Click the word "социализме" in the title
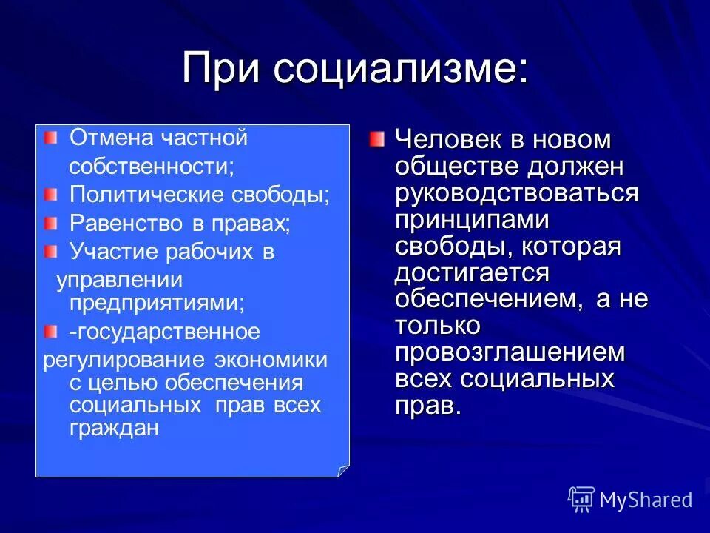[399, 69]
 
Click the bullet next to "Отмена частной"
[50, 138]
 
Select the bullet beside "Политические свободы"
[50, 195]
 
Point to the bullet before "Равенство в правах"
[50, 223]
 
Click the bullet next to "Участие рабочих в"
[50, 252]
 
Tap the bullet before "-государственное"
[50, 330]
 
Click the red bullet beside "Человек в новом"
[377, 138]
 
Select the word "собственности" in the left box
[151, 167]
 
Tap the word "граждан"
[114, 428]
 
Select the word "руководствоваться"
[517, 193]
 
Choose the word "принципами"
[472, 220]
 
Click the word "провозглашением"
[510, 353]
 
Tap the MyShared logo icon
[581, 500]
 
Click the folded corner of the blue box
[342, 470]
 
